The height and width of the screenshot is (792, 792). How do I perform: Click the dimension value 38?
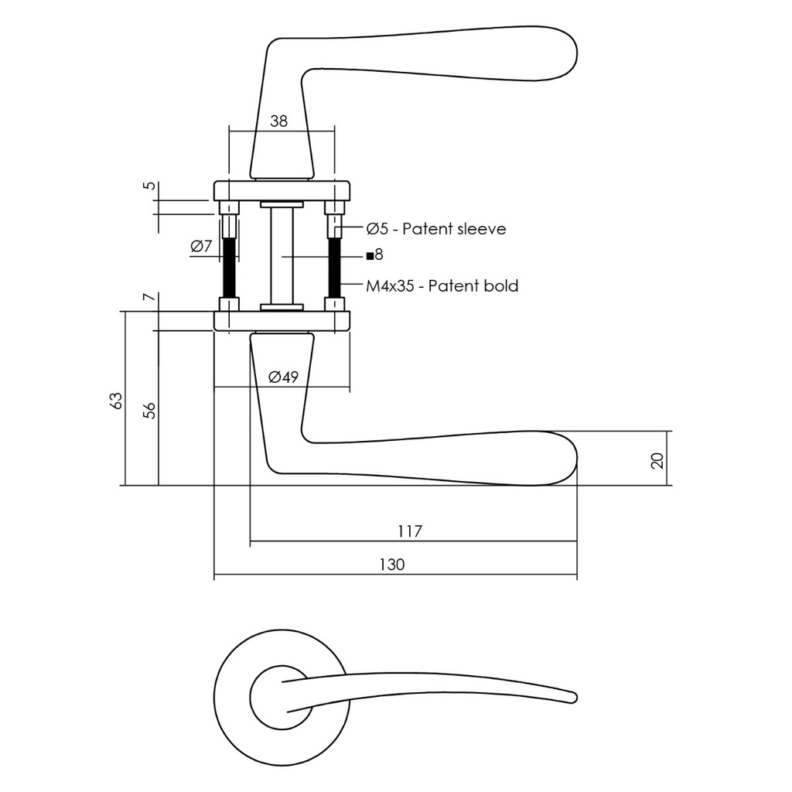278,121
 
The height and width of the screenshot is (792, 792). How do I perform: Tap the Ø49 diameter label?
283,377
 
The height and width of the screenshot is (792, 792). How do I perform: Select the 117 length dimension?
409,531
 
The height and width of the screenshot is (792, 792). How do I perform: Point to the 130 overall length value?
391,565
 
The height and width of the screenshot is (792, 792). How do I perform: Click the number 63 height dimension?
116,401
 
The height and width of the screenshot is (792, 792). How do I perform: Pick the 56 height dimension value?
150,410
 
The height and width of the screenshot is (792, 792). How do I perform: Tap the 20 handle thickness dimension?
657,461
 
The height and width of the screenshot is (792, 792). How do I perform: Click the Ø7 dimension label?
201,247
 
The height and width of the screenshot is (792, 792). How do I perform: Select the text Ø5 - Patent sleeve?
436,229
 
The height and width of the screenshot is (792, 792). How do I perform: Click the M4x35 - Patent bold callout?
442,286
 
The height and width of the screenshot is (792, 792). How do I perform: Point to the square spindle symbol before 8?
370,255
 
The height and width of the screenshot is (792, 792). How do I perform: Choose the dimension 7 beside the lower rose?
150,298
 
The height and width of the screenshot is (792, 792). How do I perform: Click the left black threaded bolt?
229,267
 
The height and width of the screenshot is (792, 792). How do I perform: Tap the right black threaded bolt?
335,267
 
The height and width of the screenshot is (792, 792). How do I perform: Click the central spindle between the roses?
282,255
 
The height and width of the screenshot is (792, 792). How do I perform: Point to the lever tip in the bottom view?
572,698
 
